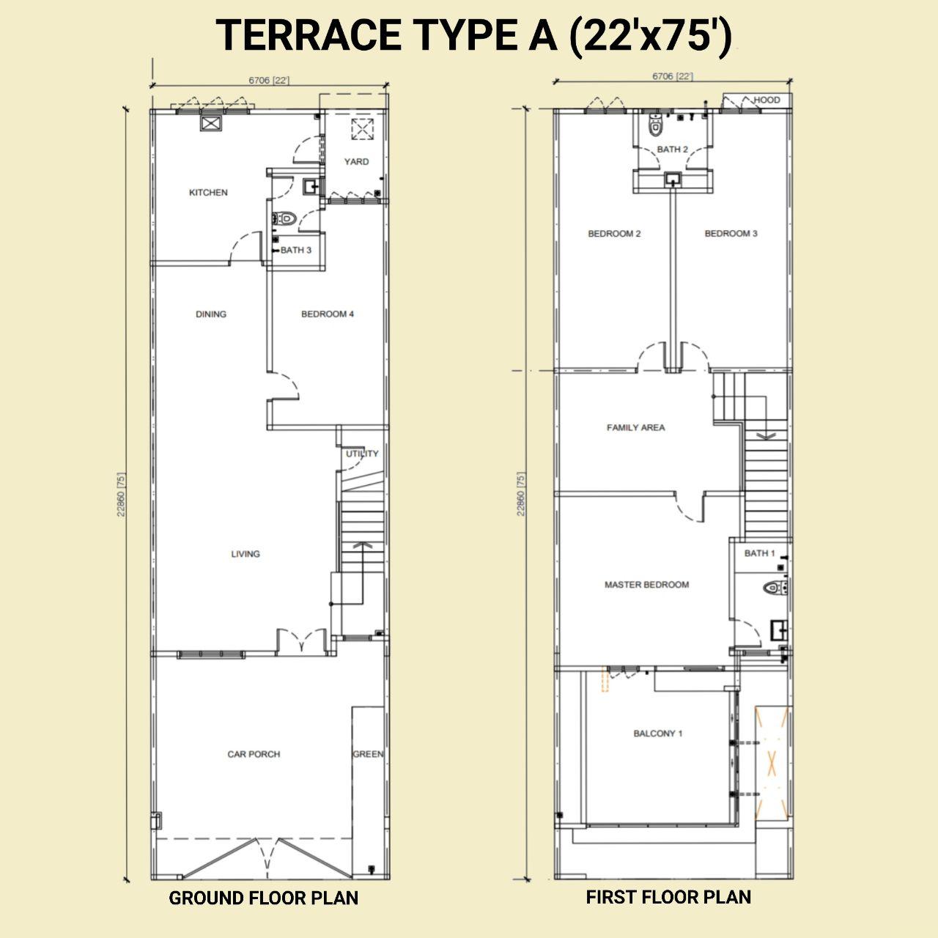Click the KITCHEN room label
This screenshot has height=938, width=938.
tap(208, 192)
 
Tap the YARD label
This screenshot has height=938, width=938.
tap(356, 162)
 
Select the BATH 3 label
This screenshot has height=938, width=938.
tap(295, 250)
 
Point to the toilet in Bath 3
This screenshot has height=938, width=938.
tap(286, 218)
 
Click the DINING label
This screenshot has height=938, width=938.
tap(211, 314)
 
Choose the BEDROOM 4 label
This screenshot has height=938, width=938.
tap(328, 314)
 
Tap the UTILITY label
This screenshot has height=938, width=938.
tap(362, 454)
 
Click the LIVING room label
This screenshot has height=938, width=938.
tap(245, 554)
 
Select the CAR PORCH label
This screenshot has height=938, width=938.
tap(254, 754)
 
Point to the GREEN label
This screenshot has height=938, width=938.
tap(368, 754)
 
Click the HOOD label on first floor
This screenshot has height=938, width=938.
tap(767, 100)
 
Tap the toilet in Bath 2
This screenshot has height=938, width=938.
tap(655, 124)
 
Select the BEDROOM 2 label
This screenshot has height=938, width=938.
tap(614, 234)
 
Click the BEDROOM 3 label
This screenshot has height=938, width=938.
tap(731, 234)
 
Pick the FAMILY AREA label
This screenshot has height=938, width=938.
tap(636, 427)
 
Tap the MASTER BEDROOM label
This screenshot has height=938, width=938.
tap(646, 585)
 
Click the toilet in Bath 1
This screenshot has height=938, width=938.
tap(775, 588)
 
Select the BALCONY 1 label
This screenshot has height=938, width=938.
tap(658, 733)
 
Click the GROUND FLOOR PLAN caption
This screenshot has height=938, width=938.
tap(263, 898)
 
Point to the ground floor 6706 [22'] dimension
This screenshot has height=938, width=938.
tap(269, 80)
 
